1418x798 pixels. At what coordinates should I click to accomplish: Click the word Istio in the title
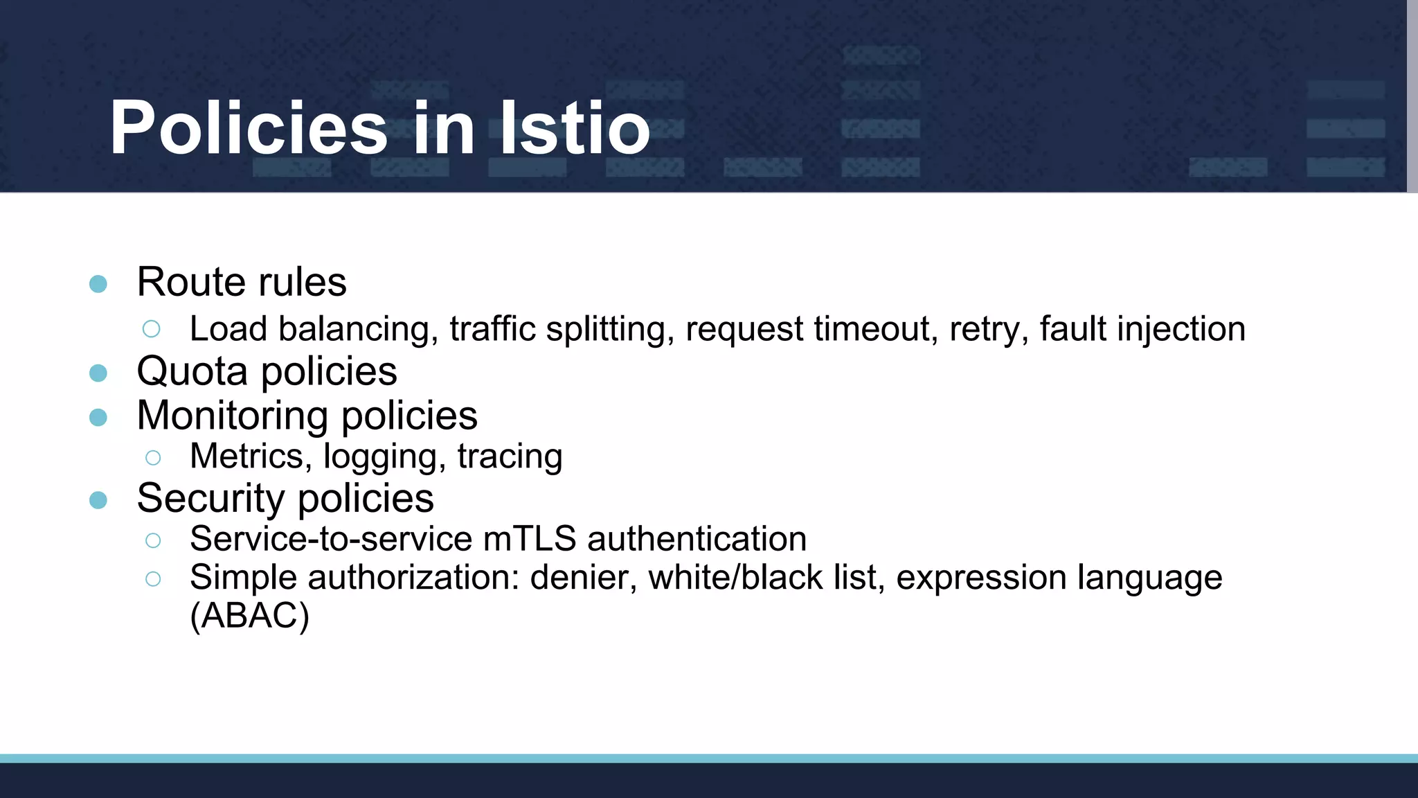tap(575, 128)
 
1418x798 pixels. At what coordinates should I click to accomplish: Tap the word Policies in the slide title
tap(249, 128)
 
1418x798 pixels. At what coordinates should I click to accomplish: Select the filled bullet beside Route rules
tap(98, 284)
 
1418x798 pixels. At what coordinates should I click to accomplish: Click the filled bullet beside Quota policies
tap(98, 373)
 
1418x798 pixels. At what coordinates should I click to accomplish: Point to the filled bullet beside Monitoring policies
tap(98, 417)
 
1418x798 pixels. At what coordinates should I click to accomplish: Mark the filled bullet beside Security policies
tap(98, 500)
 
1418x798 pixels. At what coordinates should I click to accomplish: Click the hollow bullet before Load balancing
tap(152, 329)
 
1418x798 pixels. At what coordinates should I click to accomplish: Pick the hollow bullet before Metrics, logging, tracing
tap(153, 457)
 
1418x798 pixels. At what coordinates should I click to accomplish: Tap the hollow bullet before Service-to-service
tap(153, 540)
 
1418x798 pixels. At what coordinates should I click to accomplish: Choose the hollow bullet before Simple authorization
tap(153, 578)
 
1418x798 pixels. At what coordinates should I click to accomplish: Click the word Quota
tap(192, 372)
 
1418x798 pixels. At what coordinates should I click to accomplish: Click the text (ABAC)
tap(249, 615)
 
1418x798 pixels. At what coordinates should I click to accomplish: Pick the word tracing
tap(510, 456)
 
